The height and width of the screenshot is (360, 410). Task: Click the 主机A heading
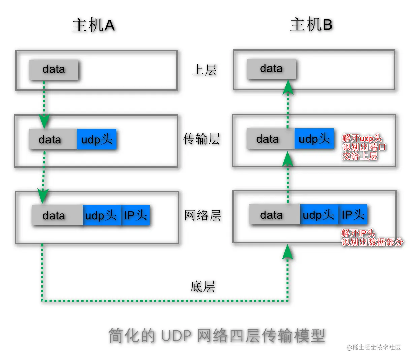pyautogui.click(x=93, y=25)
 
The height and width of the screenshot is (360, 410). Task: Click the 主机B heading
pyautogui.click(x=311, y=25)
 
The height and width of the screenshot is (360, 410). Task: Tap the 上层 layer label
pyautogui.click(x=204, y=70)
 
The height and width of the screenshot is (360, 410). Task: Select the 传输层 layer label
pyautogui.click(x=201, y=139)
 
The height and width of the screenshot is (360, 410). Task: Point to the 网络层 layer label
pyautogui.click(x=202, y=215)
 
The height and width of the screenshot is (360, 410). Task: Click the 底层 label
pyautogui.click(x=202, y=287)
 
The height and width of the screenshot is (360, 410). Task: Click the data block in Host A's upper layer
pyautogui.click(x=54, y=70)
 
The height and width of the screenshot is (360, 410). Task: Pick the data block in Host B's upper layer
pyautogui.click(x=272, y=69)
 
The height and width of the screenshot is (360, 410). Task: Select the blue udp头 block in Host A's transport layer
pyautogui.click(x=97, y=139)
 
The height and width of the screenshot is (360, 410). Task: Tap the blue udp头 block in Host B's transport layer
pyautogui.click(x=314, y=139)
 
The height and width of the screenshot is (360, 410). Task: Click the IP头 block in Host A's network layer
pyautogui.click(x=135, y=215)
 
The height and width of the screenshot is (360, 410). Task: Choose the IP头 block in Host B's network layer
pyautogui.click(x=353, y=214)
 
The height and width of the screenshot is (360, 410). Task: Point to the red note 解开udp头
pyautogui.click(x=362, y=138)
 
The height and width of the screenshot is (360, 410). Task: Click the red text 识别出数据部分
pyautogui.click(x=372, y=242)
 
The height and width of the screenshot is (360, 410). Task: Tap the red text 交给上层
pyautogui.click(x=360, y=156)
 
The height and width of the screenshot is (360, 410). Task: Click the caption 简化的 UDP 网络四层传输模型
pyautogui.click(x=217, y=335)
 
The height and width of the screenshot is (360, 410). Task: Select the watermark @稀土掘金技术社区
pyautogui.click(x=374, y=347)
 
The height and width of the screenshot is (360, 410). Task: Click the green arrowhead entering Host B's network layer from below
pyautogui.click(x=287, y=252)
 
